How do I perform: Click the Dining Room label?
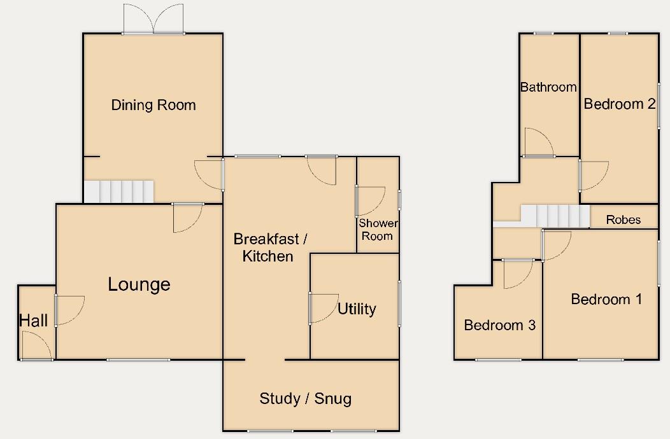[153, 105]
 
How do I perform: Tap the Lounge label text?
[139, 284]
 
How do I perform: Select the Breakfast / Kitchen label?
[270, 247]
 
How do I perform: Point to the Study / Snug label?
[305, 399]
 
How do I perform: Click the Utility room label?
[357, 309]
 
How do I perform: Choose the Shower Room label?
[378, 230]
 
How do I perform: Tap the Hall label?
[33, 321]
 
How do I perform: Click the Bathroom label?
[548, 87]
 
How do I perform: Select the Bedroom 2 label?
[619, 104]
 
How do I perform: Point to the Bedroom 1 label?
[606, 299]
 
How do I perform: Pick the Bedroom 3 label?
[499, 325]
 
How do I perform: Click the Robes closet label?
[623, 220]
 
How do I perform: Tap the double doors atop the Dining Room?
[153, 19]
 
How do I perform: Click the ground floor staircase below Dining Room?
[120, 191]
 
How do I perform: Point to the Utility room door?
[324, 308]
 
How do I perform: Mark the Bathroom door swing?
[538, 143]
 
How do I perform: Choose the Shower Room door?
[369, 200]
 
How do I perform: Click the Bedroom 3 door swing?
[517, 274]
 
